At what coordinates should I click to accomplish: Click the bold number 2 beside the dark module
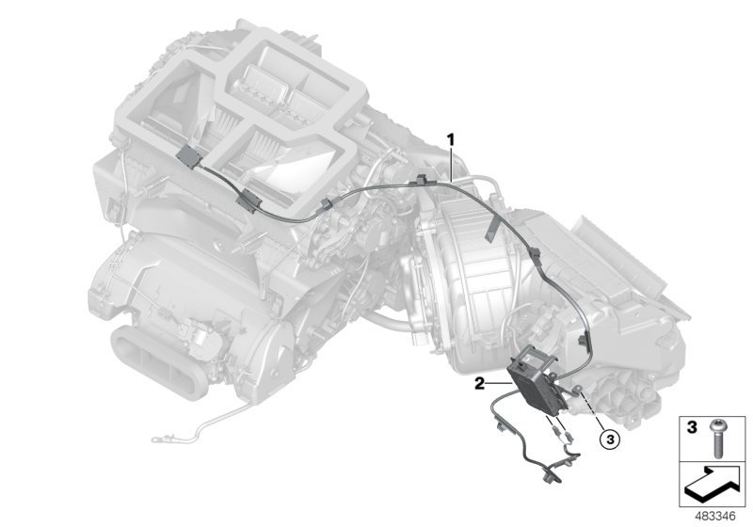[479, 384]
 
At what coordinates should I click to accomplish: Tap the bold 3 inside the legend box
[692, 426]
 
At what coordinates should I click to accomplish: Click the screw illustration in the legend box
[717, 439]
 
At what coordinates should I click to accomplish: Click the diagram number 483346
[715, 517]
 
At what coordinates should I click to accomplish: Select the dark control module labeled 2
[537, 380]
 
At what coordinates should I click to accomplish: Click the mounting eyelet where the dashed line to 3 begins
[577, 389]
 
